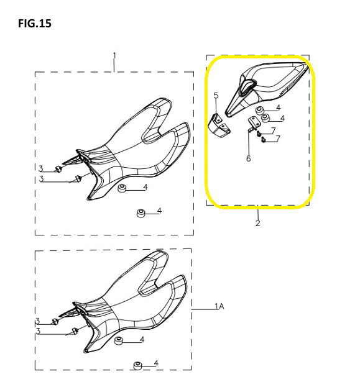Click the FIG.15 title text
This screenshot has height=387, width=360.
tap(35, 24)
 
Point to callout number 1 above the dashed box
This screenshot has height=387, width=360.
tap(114, 55)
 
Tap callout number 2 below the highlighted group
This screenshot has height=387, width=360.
tap(257, 223)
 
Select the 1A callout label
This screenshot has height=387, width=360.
tap(219, 306)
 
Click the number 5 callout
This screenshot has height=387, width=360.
tap(216, 95)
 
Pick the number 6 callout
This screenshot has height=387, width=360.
tap(248, 158)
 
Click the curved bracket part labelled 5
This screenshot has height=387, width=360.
tap(219, 126)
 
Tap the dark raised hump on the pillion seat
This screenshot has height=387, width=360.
tap(247, 86)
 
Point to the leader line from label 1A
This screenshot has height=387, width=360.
tap(203, 309)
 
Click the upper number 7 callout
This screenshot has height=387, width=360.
tap(273, 130)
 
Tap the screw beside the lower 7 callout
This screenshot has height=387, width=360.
tap(263, 140)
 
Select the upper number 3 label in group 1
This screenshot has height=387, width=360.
tap(41, 168)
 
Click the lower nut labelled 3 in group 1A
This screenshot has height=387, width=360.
tap(75, 330)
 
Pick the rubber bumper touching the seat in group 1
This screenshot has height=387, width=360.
tap(122, 188)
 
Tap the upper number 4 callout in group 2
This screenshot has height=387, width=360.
tap(279, 107)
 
